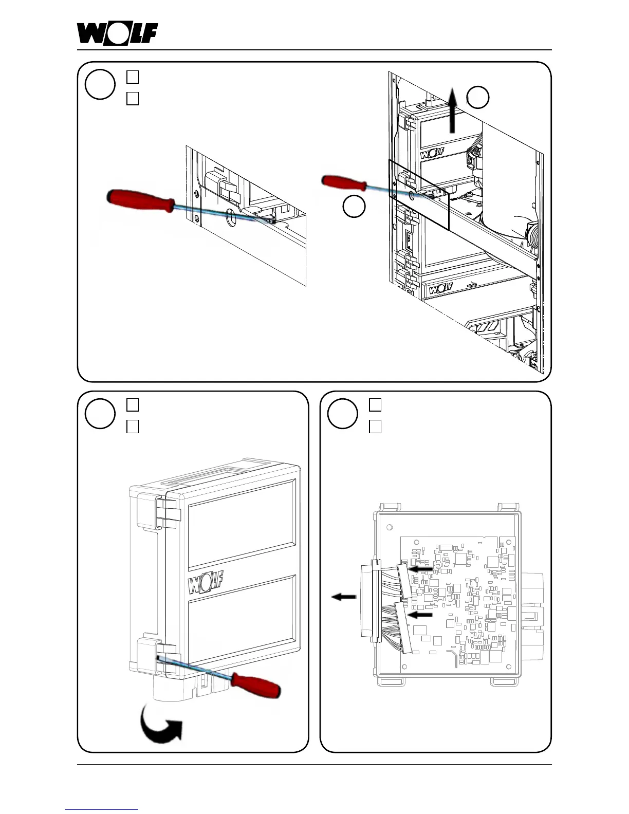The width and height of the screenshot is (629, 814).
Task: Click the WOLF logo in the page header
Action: [x=118, y=34]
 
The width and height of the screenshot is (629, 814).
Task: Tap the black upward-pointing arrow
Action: [x=452, y=110]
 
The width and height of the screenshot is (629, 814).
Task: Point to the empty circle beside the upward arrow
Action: [x=477, y=97]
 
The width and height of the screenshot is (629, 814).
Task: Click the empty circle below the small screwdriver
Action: [x=354, y=207]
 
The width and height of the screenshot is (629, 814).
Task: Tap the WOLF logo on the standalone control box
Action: [x=206, y=583]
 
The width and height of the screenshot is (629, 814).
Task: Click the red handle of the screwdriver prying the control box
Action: [x=255, y=684]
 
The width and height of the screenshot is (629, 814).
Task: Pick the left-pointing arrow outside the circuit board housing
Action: [x=343, y=597]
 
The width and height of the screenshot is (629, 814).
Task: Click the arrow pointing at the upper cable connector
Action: [x=421, y=569]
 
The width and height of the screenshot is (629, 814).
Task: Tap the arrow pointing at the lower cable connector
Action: [x=420, y=614]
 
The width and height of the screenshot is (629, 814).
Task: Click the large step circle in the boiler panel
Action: [x=100, y=84]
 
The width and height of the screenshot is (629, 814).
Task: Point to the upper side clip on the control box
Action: [x=166, y=511]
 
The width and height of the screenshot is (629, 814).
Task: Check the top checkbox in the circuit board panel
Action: [x=375, y=405]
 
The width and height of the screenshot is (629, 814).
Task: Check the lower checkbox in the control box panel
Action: [x=133, y=427]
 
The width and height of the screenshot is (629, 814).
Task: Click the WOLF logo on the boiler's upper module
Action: [x=432, y=154]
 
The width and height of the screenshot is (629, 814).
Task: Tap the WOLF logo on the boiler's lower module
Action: [x=440, y=288]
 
